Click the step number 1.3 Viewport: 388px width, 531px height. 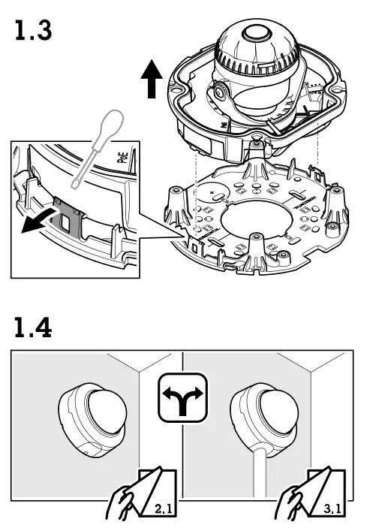34,32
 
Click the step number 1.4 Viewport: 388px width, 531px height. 34,327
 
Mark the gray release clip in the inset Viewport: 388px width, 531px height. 69,216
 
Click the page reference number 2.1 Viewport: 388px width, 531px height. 162,509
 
